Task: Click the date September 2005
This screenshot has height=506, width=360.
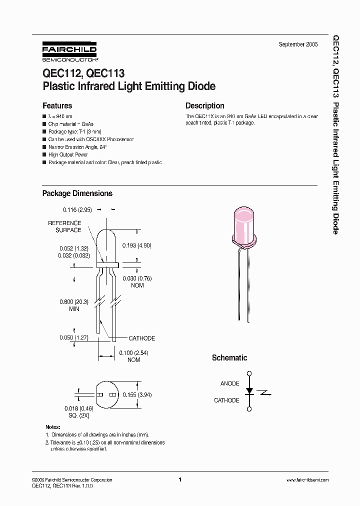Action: [x=298, y=44]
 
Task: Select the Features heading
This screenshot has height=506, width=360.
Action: [x=57, y=106]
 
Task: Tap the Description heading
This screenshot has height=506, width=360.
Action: [x=204, y=106]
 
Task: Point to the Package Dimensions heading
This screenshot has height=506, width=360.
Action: [x=77, y=193]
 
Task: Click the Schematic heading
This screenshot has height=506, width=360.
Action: [x=229, y=358]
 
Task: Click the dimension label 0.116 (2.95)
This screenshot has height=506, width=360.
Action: [x=77, y=210]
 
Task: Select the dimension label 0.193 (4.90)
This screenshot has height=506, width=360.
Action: [x=137, y=245]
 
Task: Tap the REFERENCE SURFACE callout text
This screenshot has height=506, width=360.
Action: [x=64, y=226]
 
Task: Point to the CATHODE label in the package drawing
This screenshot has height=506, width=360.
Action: [x=142, y=338]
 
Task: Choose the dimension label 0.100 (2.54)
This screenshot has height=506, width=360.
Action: [x=133, y=353]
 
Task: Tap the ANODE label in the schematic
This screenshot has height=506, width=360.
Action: [x=229, y=383]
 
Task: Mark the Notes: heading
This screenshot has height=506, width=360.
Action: [x=52, y=427]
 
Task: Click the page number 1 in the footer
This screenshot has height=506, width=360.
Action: [x=179, y=480]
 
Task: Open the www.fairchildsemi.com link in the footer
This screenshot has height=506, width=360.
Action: [x=307, y=480]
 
